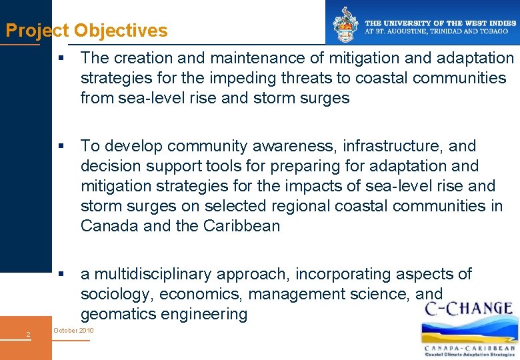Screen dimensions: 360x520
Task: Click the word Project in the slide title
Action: [37, 31]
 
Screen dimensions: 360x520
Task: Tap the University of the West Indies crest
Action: [345, 25]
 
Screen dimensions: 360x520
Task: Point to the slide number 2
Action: [28, 334]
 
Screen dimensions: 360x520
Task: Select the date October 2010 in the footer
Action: [73, 331]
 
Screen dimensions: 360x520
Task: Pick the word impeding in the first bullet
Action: [234, 79]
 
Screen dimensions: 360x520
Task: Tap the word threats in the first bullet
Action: [299, 79]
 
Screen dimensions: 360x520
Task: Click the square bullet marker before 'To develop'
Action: [61, 146]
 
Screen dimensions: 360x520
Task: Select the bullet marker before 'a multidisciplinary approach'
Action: [61, 274]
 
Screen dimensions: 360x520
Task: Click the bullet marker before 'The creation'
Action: [61, 59]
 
